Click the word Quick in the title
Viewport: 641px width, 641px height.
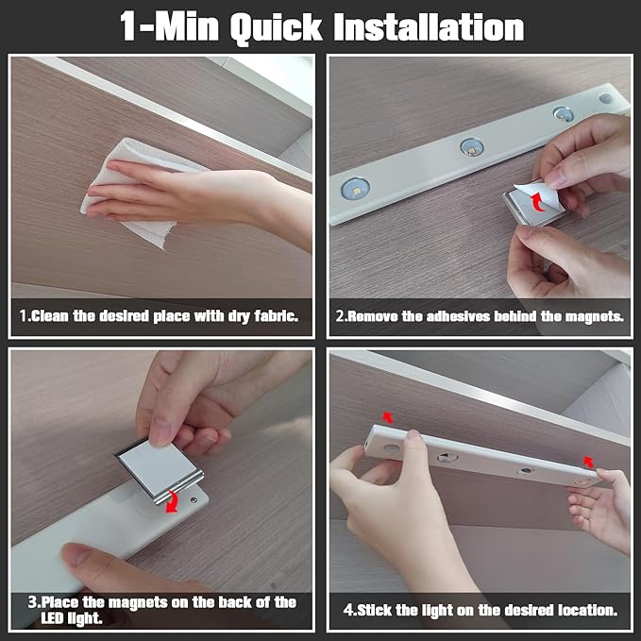pos(276,28)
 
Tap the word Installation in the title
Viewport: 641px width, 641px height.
pos(429,27)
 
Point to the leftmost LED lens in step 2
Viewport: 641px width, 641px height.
pos(355,189)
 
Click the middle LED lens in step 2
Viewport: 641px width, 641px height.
pos(472,146)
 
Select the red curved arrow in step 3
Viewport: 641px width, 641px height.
pos(173,501)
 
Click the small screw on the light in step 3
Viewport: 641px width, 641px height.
pos(194,500)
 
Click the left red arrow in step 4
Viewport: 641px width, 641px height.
pos(388,417)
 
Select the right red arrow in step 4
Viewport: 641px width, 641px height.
pos(588,462)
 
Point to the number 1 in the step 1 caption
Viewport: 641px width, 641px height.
pos(23,316)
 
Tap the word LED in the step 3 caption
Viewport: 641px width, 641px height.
pos(52,618)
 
